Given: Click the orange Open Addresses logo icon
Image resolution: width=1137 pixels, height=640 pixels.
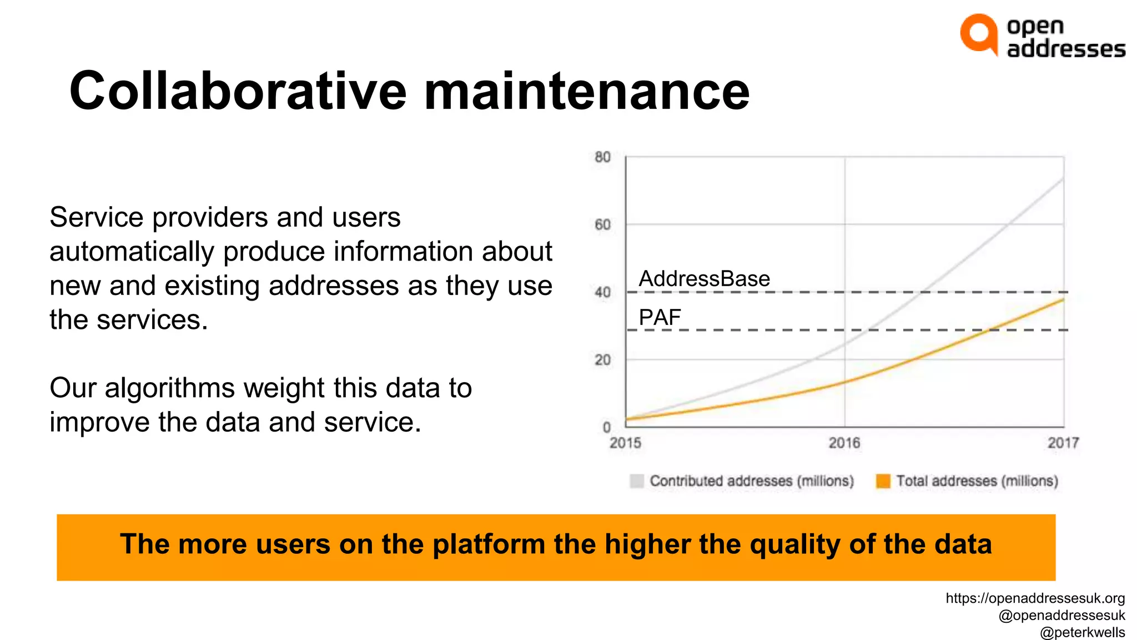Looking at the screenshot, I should [x=979, y=34].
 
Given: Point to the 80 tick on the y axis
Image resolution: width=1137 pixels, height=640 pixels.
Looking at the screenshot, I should [x=602, y=157].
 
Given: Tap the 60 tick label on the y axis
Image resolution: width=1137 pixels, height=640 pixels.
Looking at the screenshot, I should [x=602, y=225].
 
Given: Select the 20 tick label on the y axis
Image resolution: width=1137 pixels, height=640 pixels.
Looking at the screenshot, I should [x=602, y=360].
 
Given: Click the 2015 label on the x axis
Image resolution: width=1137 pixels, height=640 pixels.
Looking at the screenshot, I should [x=625, y=443].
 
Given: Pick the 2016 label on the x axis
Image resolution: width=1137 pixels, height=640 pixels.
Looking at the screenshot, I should [x=844, y=443].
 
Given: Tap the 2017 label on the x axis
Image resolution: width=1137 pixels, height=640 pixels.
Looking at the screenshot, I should [x=1063, y=443].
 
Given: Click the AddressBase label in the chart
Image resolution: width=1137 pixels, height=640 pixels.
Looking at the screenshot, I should [x=705, y=279].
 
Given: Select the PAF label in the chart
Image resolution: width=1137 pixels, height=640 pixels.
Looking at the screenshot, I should [x=660, y=318].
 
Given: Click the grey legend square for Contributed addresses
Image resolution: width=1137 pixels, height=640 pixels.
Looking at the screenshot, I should [x=637, y=481].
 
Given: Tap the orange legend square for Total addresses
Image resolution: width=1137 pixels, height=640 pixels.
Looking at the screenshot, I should [x=883, y=481].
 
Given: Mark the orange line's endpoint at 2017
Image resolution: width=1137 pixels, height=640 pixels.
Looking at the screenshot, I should [x=1063, y=300].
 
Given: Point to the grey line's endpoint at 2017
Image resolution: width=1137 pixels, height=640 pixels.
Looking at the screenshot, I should [x=1063, y=179].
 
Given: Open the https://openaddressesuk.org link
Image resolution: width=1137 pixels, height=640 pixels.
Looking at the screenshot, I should [x=1035, y=598].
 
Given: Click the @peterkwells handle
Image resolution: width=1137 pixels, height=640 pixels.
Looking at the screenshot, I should [x=1082, y=632].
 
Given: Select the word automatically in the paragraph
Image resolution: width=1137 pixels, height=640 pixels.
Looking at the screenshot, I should [x=132, y=252].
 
